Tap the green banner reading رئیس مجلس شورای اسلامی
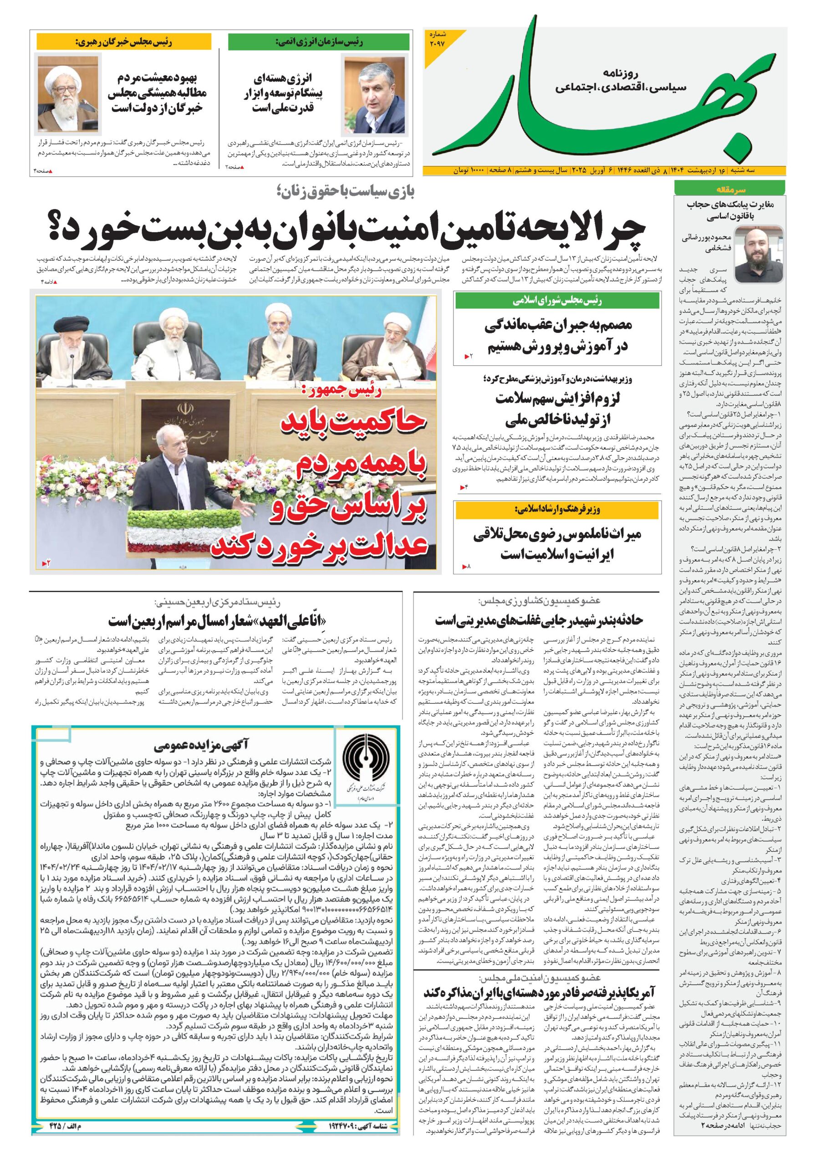coord(557,301)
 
